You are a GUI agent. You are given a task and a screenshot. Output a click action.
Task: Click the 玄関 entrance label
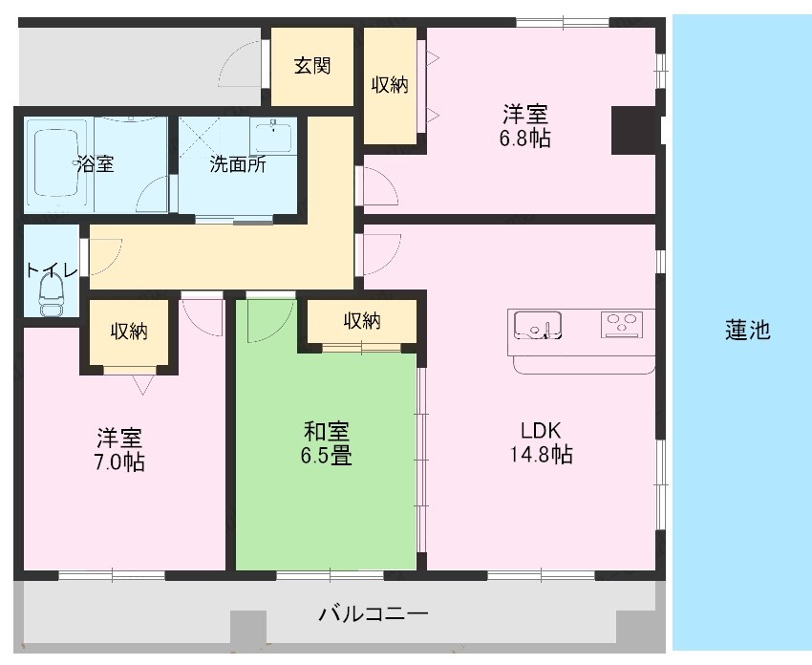click(312, 66)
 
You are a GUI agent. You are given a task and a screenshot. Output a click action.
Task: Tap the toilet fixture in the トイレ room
click(51, 294)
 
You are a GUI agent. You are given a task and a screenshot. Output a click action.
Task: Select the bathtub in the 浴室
click(56, 162)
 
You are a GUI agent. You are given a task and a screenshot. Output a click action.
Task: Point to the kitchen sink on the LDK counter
click(537, 325)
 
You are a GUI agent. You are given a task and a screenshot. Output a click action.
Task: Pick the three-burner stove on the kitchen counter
click(622, 325)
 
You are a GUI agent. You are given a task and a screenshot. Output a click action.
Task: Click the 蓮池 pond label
click(747, 330)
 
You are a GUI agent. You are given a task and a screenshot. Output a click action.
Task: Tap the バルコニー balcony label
click(374, 614)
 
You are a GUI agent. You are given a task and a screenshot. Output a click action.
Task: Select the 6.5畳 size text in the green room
click(327, 455)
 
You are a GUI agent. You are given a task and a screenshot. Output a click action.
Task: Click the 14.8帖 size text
click(541, 454)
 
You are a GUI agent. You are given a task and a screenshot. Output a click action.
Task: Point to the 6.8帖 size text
click(524, 139)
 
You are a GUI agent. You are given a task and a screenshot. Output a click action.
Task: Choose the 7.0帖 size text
click(118, 462)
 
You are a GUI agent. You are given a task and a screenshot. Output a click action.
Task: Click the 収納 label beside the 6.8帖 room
click(390, 85)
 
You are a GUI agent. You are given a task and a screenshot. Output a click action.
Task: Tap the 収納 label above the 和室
click(362, 321)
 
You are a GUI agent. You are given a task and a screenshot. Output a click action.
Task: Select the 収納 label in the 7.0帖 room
click(129, 331)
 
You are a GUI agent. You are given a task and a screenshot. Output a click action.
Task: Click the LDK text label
click(541, 430)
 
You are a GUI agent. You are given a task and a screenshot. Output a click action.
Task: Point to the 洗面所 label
click(238, 164)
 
